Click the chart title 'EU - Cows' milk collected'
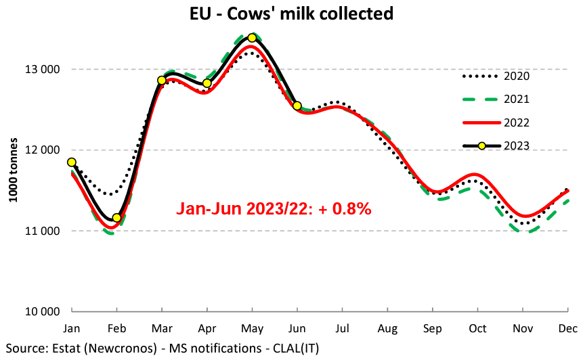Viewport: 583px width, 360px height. pyautogui.click(x=291, y=13)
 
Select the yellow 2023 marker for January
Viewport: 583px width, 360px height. pyautogui.click(x=72, y=162)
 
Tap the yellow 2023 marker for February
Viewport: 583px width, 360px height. pyautogui.click(x=116, y=218)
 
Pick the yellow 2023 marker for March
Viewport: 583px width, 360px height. pyautogui.click(x=162, y=81)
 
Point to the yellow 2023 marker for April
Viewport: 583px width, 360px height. pyautogui.click(x=207, y=83)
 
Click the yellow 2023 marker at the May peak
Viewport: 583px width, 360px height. pyautogui.click(x=252, y=38)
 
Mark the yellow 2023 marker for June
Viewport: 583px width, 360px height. pyautogui.click(x=297, y=106)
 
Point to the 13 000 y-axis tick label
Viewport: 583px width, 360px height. pyautogui.click(x=42, y=69)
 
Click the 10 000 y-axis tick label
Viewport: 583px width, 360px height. pyautogui.click(x=42, y=312)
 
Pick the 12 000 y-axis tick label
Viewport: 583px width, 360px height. pyautogui.click(x=42, y=150)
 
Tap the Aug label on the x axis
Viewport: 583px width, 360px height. pyautogui.click(x=387, y=329)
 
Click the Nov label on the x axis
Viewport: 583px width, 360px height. pyautogui.click(x=522, y=329)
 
